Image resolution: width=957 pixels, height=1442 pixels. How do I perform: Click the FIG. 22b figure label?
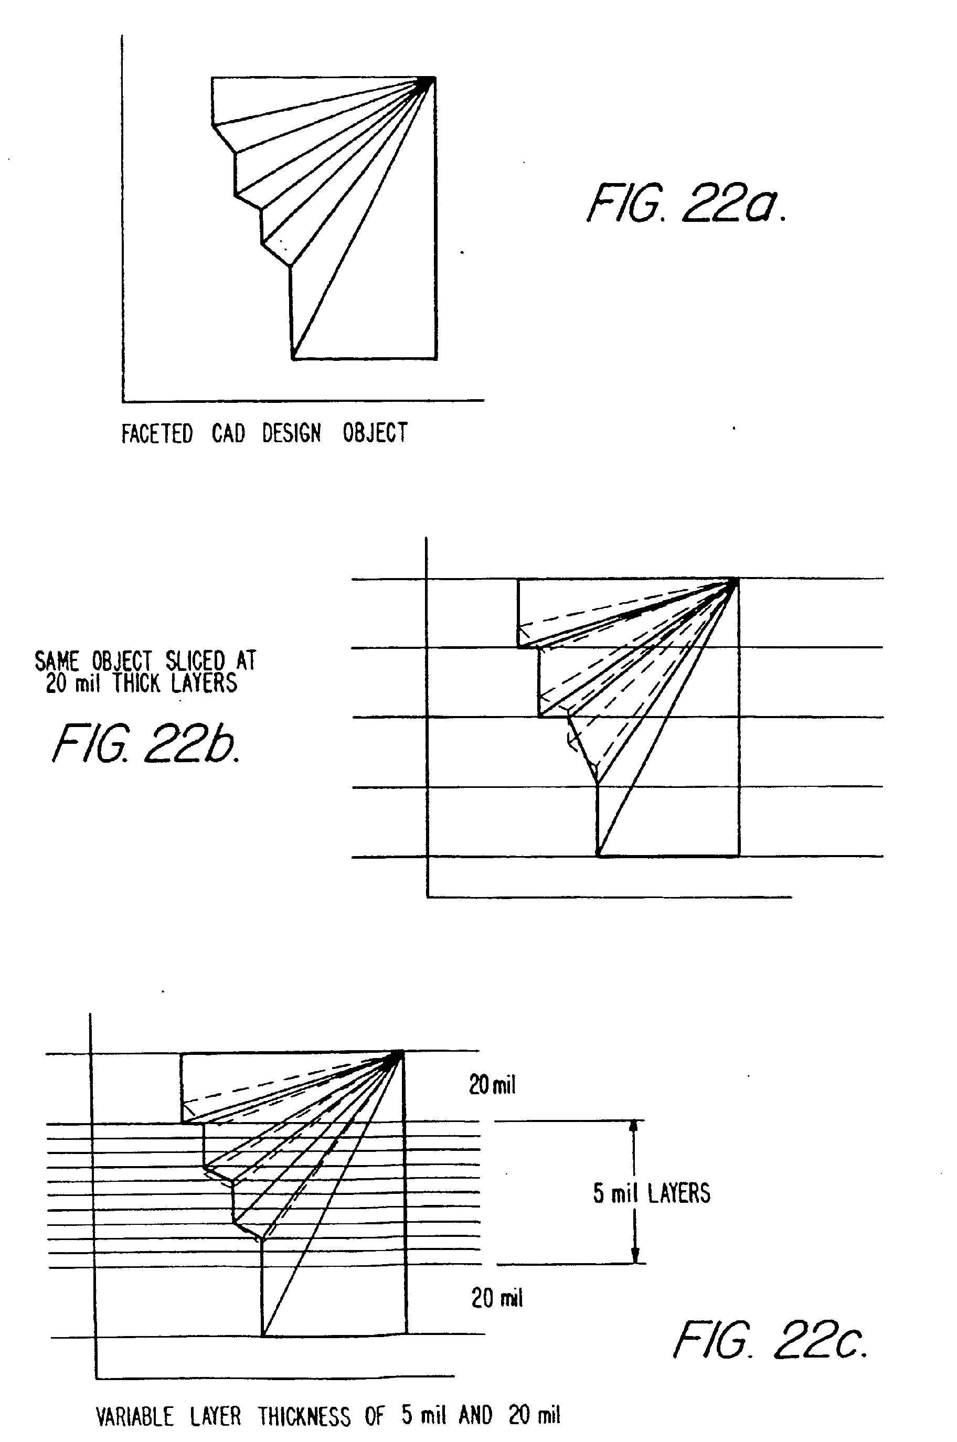click(x=145, y=743)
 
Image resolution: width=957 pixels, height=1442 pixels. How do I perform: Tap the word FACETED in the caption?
click(x=157, y=433)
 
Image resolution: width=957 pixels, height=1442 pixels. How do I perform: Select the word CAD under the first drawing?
click(x=228, y=433)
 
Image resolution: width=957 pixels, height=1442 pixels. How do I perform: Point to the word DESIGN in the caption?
click(x=291, y=433)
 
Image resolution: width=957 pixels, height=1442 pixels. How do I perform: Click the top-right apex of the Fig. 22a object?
click(x=434, y=78)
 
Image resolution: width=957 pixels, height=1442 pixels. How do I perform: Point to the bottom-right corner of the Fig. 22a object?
click(x=436, y=359)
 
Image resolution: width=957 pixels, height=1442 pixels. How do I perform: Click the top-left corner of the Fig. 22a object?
click(x=212, y=78)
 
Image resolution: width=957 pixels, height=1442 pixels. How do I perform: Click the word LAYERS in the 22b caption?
click(x=204, y=683)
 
